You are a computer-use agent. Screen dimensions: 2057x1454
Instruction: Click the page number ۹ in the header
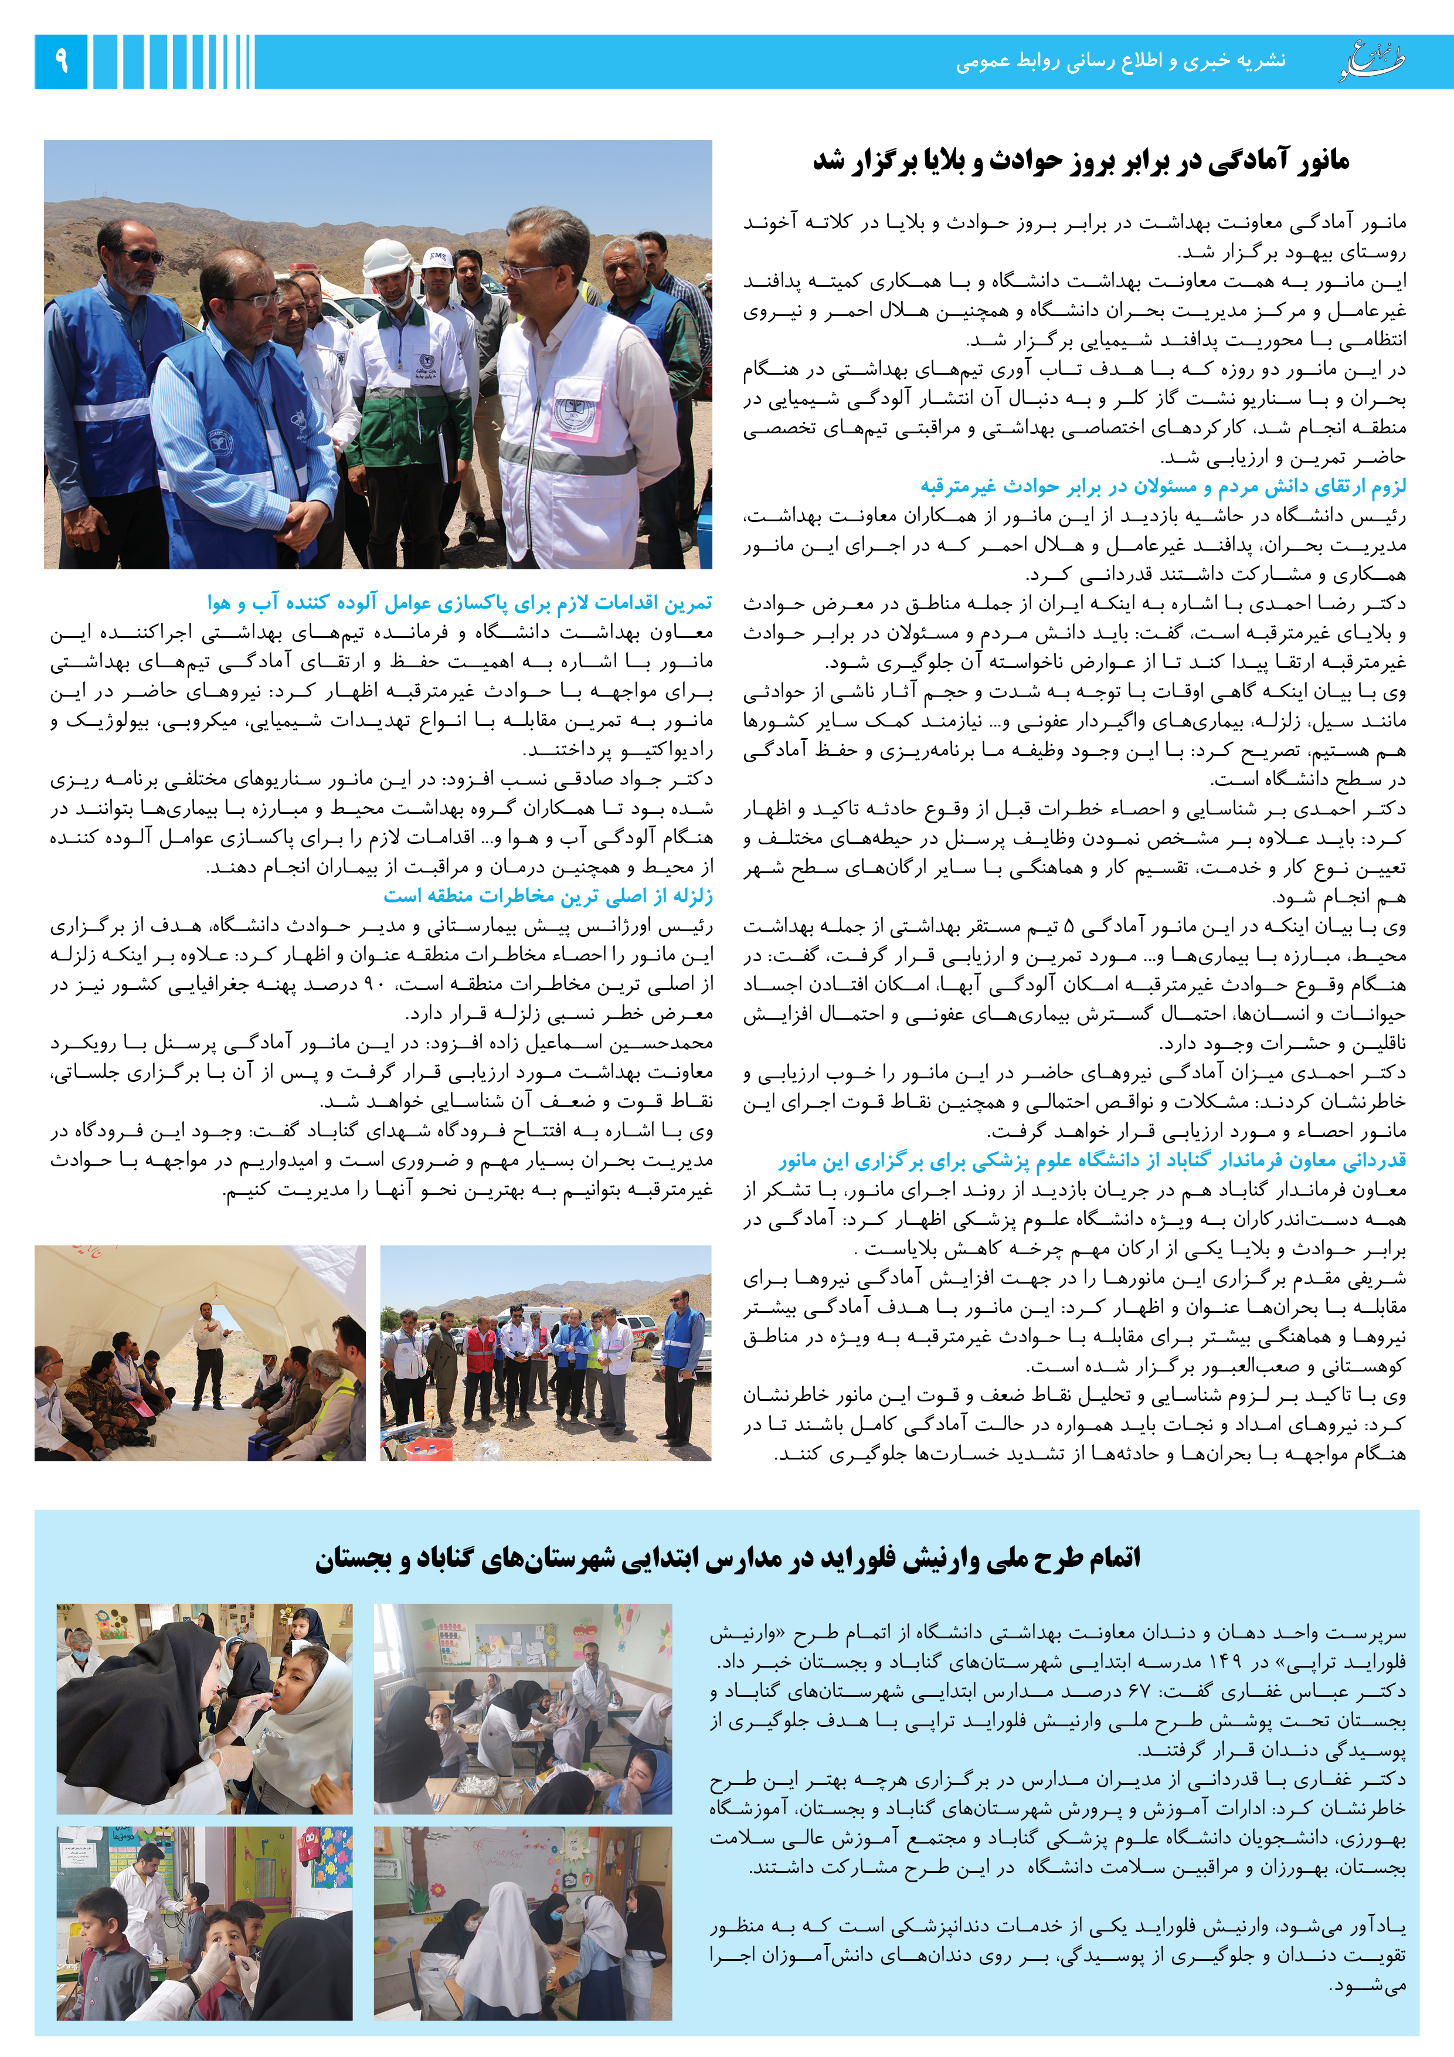pyautogui.click(x=61, y=61)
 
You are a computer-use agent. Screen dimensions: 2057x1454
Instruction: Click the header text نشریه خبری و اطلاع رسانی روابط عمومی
pyautogui.click(x=1120, y=61)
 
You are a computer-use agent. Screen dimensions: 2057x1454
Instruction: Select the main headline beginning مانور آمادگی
pyautogui.click(x=1081, y=161)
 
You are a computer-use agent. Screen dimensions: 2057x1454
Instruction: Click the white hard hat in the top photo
pyautogui.click(x=387, y=257)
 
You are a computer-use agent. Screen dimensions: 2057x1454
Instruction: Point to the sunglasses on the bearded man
pyautogui.click(x=143, y=256)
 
